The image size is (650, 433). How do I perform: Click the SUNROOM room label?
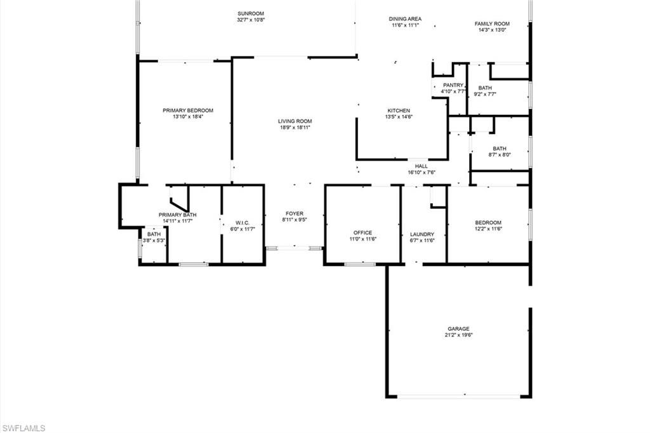pos(251,13)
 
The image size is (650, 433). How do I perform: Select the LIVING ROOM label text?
pos(295,121)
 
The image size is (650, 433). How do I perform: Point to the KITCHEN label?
pos(399,110)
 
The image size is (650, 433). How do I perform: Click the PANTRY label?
pos(453,85)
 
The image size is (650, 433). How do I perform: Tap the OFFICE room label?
pos(363,232)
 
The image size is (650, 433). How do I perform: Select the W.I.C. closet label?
pos(242,223)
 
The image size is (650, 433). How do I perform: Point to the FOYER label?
pos(295,214)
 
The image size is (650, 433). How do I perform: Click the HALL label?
pos(421,166)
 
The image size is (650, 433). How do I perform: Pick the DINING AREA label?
pos(406,19)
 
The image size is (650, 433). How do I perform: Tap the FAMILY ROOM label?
pos(493,24)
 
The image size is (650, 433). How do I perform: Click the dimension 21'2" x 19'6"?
pos(459,335)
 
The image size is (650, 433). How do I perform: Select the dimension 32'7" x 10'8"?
pos(251,20)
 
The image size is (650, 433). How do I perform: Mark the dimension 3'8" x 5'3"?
pos(154,241)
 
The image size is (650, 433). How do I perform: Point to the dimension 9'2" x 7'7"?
pos(485,95)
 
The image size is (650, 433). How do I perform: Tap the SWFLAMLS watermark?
pos(23,428)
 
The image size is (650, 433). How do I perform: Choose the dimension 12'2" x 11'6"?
pos(489,229)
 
